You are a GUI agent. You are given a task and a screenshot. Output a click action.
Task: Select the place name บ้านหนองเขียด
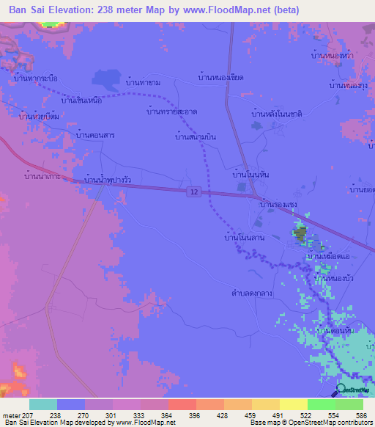click(220, 76)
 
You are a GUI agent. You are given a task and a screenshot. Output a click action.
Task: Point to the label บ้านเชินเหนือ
click(92, 100)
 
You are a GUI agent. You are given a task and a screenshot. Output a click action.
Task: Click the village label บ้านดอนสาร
click(95, 136)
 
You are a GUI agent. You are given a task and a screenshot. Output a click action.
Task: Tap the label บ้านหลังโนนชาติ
click(277, 114)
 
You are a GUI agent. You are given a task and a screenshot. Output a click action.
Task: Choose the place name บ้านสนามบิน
click(196, 136)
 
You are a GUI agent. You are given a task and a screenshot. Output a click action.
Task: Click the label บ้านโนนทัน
click(252, 175)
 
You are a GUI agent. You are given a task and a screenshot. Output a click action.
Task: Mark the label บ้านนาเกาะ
click(42, 177)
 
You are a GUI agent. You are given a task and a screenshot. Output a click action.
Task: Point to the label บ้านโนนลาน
click(245, 238)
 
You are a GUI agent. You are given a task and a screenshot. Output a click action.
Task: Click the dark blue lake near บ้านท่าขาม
click(108, 79)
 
